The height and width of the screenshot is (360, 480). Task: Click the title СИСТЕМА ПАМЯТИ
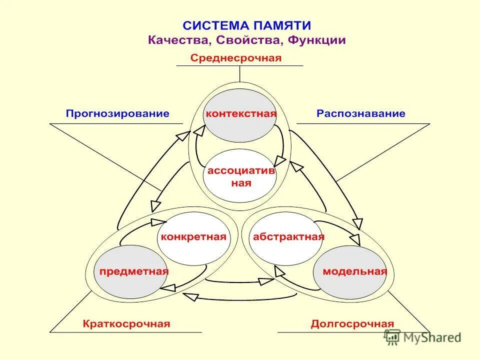click(x=246, y=25)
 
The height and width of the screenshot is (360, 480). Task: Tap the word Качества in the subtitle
click(x=174, y=40)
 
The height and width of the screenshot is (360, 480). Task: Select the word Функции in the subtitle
click(x=314, y=40)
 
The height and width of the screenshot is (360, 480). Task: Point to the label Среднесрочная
click(x=236, y=58)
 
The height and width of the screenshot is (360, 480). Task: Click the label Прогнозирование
click(x=117, y=113)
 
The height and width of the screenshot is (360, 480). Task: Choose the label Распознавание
click(x=360, y=113)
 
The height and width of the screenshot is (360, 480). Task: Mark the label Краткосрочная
click(x=126, y=324)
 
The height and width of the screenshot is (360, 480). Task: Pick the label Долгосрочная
click(x=352, y=324)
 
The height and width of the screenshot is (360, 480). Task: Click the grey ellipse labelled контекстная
click(x=241, y=113)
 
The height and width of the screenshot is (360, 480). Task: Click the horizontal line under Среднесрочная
click(x=239, y=65)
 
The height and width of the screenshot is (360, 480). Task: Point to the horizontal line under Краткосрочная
click(x=125, y=332)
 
